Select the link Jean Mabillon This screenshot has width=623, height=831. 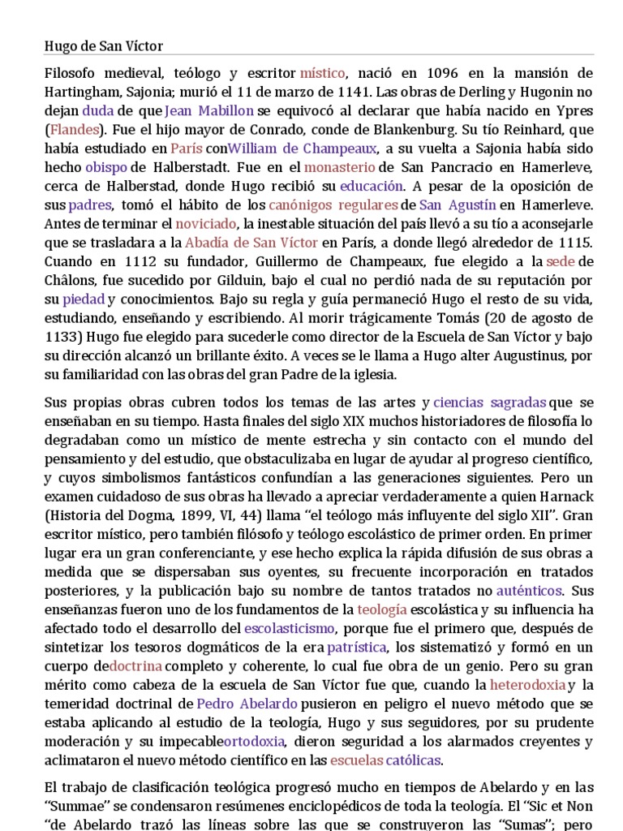click(209, 110)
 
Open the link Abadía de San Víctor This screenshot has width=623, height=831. click(252, 242)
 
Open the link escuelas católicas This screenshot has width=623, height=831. click(385, 760)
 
